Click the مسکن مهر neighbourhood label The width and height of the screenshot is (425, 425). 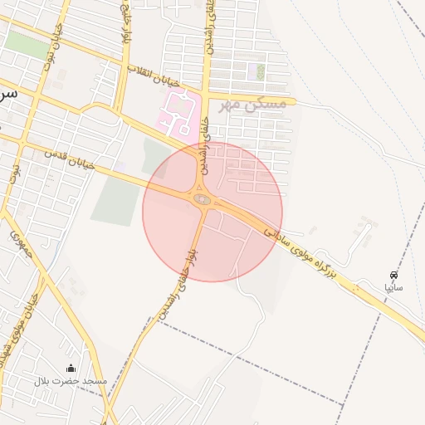(252, 104)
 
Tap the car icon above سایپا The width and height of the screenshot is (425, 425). (393, 275)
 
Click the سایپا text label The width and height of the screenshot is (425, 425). (393, 287)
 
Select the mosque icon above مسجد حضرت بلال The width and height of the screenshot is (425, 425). (71, 369)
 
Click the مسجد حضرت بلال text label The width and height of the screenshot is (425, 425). (71, 381)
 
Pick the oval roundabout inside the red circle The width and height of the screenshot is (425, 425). (202, 198)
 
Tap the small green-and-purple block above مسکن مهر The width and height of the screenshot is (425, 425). (261, 71)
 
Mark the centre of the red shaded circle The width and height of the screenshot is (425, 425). (212, 212)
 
